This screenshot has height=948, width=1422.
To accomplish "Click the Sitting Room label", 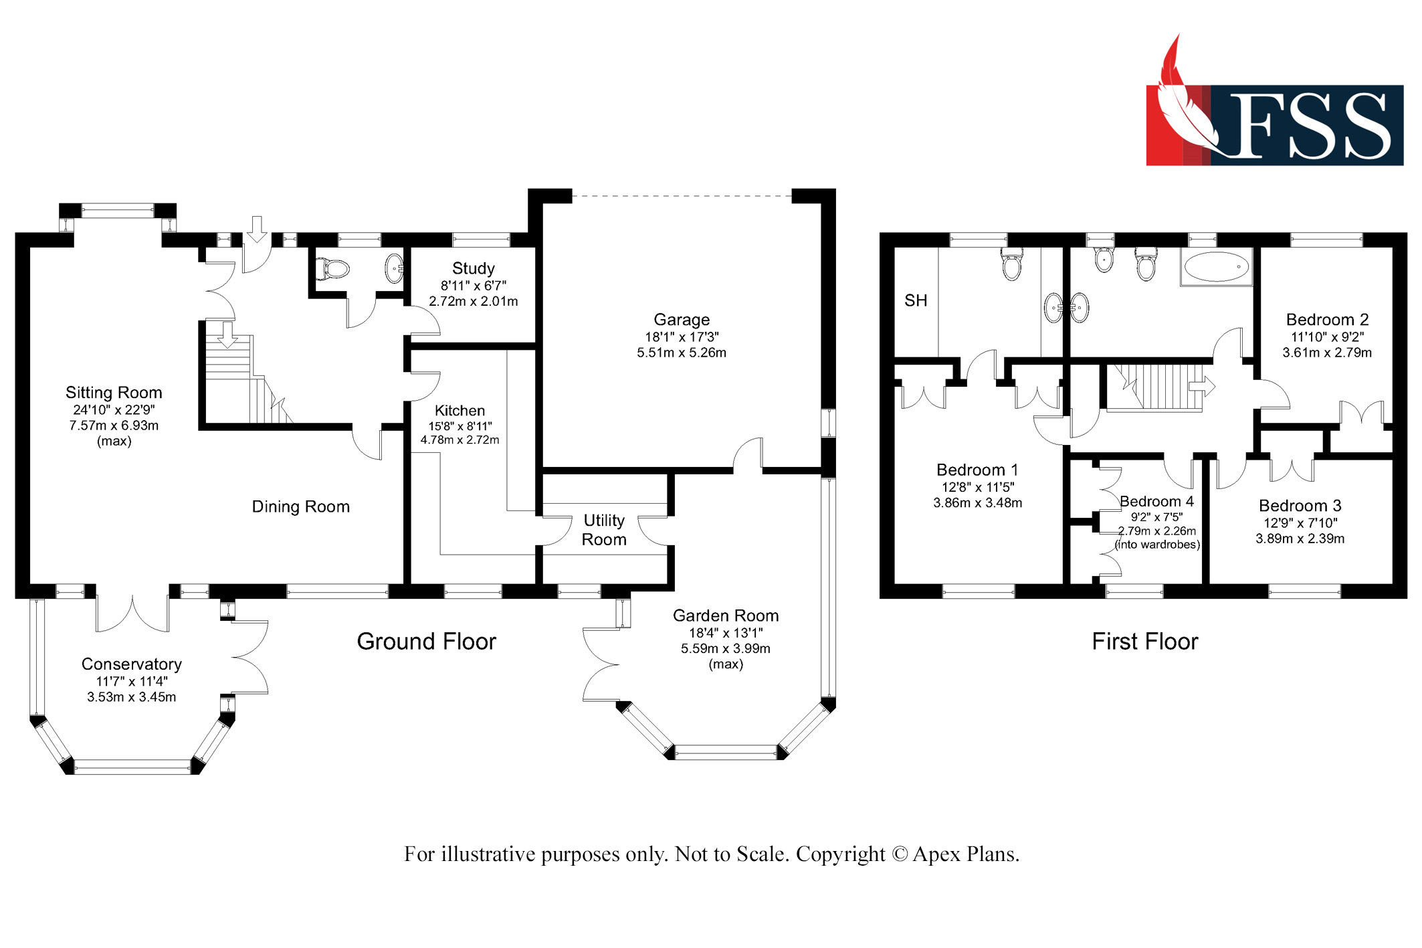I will point(114,393).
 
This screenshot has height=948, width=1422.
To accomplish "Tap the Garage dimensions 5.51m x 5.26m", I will point(681,353).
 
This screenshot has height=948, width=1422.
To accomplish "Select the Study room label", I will point(473,269).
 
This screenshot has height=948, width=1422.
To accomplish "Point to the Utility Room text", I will point(604,530).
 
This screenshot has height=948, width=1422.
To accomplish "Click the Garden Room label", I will point(725,615).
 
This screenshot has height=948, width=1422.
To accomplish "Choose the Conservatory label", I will point(132,664).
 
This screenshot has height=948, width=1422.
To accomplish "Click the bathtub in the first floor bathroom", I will point(1215,267).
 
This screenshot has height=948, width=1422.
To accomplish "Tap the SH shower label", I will point(916,301).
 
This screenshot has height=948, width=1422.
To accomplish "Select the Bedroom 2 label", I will point(1326,320).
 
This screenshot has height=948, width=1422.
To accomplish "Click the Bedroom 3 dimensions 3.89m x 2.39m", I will point(1299,539).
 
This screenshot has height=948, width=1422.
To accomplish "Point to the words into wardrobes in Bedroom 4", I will point(1157,545).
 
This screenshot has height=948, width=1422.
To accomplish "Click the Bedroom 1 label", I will point(977,470).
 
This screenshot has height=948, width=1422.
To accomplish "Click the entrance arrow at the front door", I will point(257,229).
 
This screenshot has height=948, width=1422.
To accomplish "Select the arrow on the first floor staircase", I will point(1201,386).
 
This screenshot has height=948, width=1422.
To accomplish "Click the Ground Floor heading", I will point(426,642).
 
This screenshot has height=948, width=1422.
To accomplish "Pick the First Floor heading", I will point(1144,642).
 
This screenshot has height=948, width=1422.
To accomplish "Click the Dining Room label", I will point(300,507).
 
